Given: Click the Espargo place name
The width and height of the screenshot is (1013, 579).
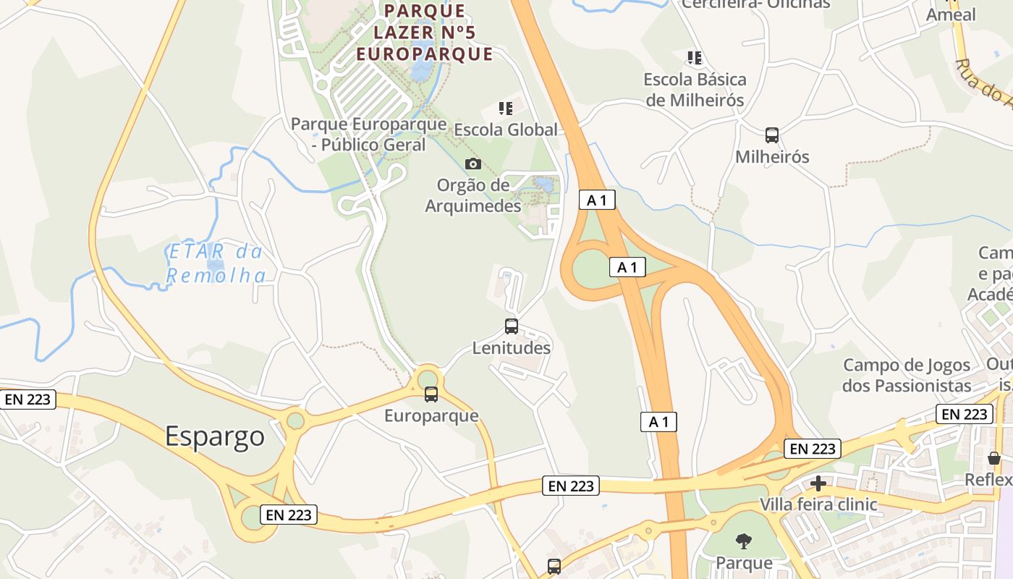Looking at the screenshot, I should (215, 436).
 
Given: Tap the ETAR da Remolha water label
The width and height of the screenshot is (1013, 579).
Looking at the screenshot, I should (216, 263).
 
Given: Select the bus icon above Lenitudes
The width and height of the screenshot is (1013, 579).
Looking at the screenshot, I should (512, 326).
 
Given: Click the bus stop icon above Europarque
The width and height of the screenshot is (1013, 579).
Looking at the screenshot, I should (431, 394).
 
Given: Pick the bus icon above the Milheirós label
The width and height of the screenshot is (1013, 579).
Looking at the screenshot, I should (772, 135).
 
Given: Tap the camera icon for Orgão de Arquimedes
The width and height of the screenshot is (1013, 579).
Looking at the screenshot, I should (473, 164).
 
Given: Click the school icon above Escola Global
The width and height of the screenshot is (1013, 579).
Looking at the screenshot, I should (506, 109).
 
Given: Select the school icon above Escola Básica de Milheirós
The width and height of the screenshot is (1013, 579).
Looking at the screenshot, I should (695, 57).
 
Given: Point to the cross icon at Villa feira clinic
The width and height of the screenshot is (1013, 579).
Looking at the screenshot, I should (818, 483).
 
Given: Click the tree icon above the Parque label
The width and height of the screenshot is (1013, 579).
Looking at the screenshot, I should (743, 541).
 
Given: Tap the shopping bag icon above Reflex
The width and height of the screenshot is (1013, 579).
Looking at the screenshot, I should (994, 458).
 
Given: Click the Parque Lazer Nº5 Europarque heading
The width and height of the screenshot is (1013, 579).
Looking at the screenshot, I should (425, 33).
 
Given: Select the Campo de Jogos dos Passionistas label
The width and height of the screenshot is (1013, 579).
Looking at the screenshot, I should (907, 375).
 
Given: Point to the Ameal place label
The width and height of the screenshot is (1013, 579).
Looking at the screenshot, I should (951, 15).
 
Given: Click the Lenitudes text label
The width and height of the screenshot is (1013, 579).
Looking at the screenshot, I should (512, 348).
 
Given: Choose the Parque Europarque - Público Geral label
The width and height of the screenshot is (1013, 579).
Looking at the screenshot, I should (368, 134).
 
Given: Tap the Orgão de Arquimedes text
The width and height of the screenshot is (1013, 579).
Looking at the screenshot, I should (473, 195).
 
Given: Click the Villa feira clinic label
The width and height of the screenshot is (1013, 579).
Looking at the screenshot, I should (818, 504).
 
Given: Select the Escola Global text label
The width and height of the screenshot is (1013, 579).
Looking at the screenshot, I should (506, 130).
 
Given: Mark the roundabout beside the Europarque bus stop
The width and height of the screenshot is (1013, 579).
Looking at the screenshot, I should (428, 379).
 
